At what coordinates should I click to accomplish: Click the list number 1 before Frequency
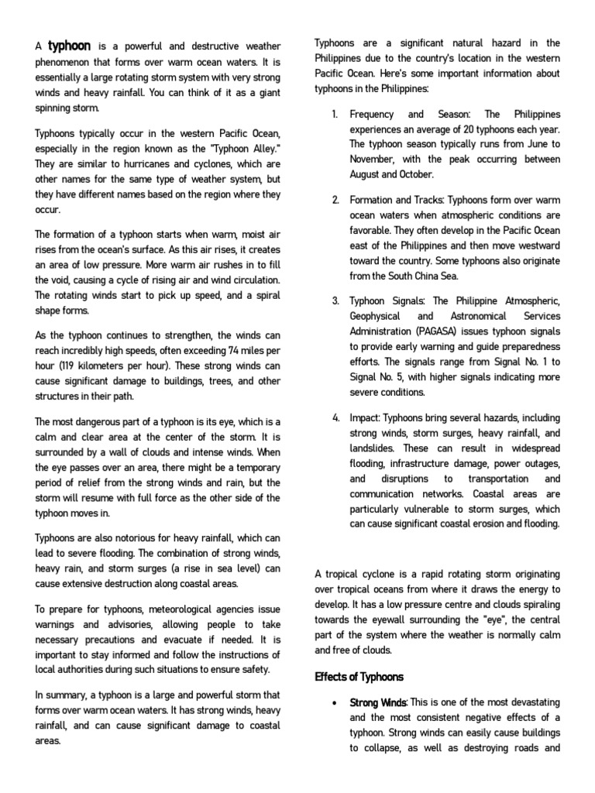(x=335, y=114)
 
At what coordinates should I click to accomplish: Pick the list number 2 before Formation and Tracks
(x=335, y=200)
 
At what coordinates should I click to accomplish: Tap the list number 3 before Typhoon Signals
(x=335, y=300)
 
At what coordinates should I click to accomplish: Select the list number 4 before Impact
(x=335, y=417)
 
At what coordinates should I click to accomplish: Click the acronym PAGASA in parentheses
(x=439, y=331)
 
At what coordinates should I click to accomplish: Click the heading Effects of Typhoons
(x=359, y=677)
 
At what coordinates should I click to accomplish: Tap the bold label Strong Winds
(x=378, y=702)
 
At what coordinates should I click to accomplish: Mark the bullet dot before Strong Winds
(x=333, y=702)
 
